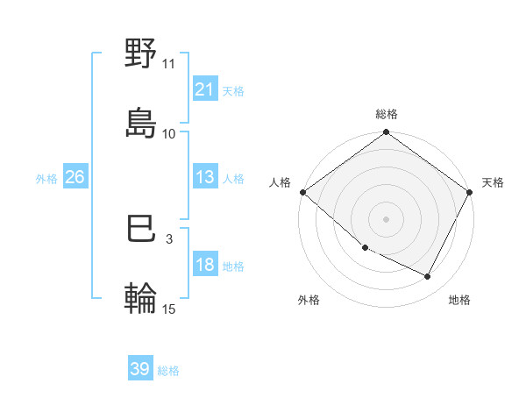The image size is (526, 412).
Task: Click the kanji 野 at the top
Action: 141,54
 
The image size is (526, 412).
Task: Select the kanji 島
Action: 141,123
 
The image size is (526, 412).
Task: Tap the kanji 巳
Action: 141,230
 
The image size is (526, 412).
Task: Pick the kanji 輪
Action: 141,298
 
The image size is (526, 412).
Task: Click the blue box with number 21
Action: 204,89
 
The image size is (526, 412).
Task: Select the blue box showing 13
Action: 204,177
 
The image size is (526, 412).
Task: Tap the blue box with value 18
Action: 204,266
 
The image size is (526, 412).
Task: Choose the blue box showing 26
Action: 75,177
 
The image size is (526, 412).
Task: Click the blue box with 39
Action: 139,370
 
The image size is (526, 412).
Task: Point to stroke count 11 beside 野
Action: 169,64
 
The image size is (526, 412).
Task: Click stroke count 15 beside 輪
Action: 169,308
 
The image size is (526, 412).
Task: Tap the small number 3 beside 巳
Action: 169,238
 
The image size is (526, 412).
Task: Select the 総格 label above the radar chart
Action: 387,114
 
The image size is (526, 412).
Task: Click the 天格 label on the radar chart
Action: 493,182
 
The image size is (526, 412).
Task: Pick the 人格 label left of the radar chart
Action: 281,182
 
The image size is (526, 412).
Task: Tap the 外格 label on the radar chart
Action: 309,300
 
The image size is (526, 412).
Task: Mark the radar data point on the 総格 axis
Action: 387,133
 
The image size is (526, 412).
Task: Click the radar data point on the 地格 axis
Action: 428,277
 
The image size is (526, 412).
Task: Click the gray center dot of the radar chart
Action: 387,218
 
